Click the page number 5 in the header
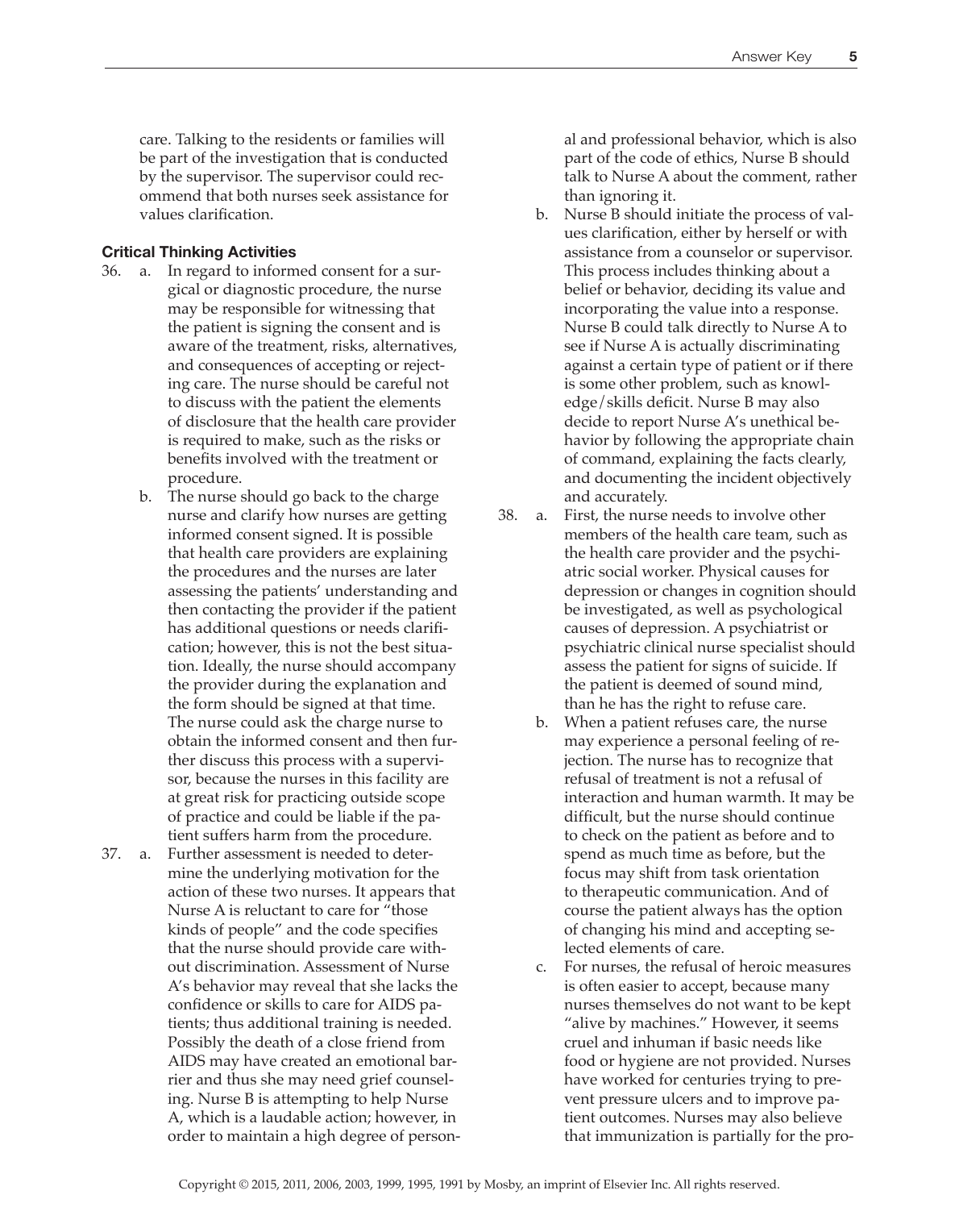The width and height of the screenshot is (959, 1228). (853, 56)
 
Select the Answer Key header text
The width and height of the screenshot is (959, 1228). (771, 56)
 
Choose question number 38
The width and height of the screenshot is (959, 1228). (508, 515)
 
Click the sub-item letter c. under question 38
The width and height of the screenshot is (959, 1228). (541, 967)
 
